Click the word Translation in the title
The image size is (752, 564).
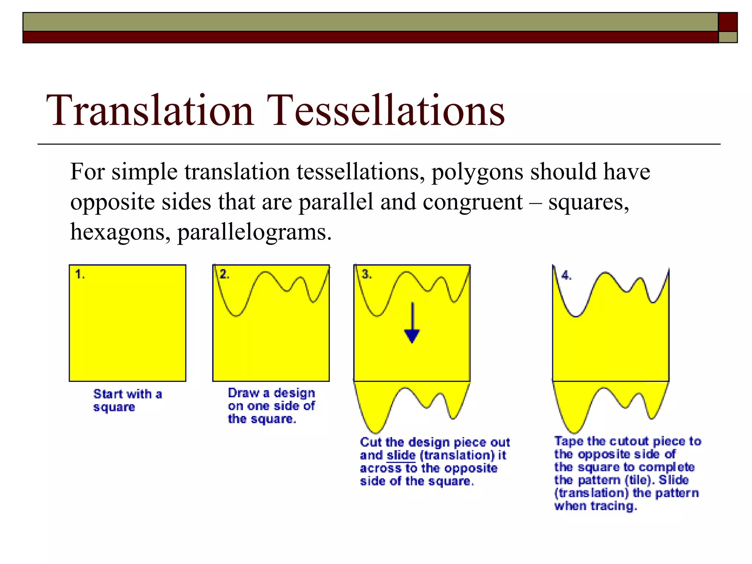[150, 110]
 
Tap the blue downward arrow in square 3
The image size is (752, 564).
[412, 323]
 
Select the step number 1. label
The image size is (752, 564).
[80, 274]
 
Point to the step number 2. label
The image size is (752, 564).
[224, 274]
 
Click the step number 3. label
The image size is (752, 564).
[366, 274]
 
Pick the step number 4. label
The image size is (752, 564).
[566, 275]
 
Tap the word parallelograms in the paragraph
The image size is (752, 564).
[254, 232]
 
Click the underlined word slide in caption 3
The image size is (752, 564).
[401, 455]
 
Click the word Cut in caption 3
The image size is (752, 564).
[371, 442]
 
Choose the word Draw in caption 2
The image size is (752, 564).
[243, 393]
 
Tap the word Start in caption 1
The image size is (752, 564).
[108, 394]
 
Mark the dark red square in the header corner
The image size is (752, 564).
[728, 22]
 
